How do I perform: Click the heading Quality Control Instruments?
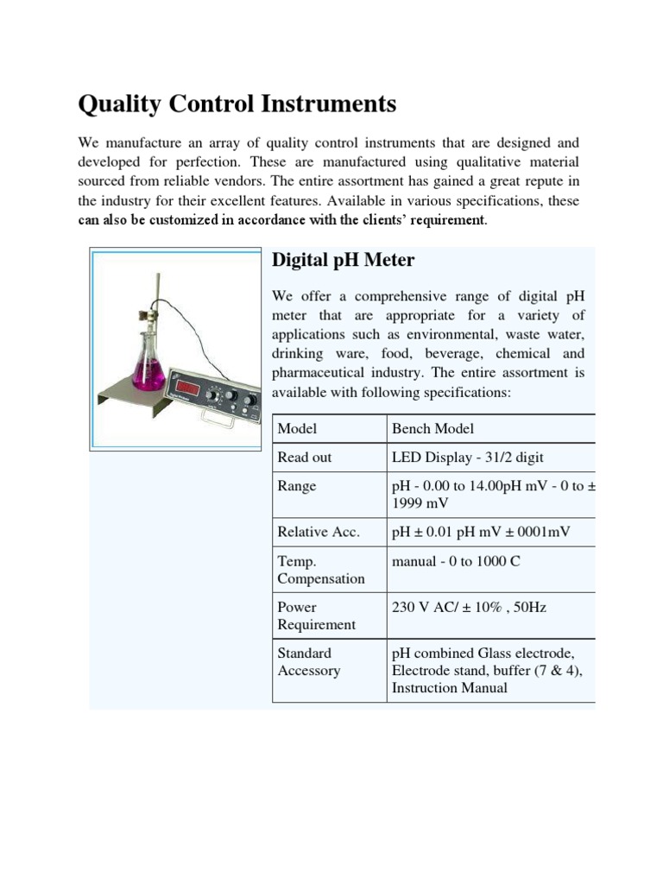tap(237, 104)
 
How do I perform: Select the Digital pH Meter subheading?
tap(343, 260)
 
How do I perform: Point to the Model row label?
tap(297, 429)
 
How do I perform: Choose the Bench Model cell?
tap(433, 429)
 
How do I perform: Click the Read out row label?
tap(304, 458)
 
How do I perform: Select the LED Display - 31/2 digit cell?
tap(468, 458)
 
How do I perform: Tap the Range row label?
tap(297, 486)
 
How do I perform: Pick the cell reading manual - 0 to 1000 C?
tap(456, 561)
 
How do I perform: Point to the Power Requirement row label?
tap(316, 616)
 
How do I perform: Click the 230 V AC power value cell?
tap(469, 607)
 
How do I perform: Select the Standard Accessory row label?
tap(308, 662)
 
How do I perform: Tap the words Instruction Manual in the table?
tap(449, 688)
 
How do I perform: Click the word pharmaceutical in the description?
tap(325, 374)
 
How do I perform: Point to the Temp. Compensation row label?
tap(320, 570)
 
